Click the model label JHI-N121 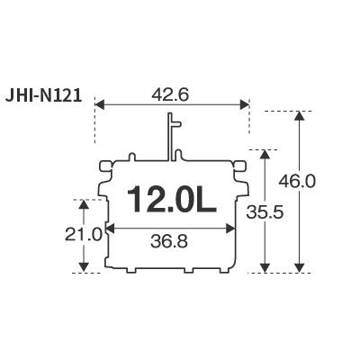point(43,96)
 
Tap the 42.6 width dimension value point(170,95)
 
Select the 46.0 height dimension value point(297,182)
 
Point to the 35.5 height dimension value point(265,212)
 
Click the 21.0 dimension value point(84,235)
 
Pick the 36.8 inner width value point(169,241)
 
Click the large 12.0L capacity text point(172,200)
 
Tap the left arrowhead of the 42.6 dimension point(99,105)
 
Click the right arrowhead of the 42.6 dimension point(245,105)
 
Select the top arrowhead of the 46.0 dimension point(299,115)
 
